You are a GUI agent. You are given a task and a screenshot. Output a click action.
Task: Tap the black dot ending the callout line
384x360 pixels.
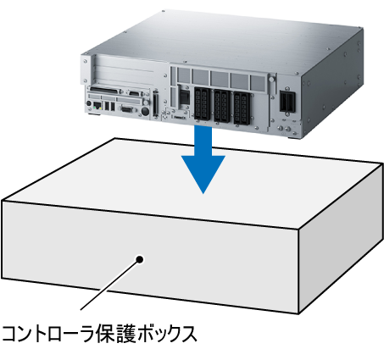[139, 259]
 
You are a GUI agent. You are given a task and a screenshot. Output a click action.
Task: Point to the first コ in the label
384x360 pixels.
[11, 334]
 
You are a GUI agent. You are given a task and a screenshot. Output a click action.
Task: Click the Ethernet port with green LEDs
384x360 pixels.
[97, 106]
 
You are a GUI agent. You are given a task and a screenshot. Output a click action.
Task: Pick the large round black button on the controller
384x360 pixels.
[145, 110]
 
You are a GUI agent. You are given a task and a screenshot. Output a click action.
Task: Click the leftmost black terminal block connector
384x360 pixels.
[202, 103]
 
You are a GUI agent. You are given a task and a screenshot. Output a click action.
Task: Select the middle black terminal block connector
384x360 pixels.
[221, 106]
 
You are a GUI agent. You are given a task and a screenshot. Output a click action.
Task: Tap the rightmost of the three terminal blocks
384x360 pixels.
[242, 108]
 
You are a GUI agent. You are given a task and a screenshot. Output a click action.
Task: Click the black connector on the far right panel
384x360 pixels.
[287, 102]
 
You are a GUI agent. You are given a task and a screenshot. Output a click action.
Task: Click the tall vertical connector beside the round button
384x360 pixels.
[156, 103]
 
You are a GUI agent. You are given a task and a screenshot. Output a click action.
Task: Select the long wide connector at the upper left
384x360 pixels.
[103, 91]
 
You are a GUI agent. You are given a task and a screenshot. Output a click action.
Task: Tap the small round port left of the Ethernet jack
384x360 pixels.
[89, 103]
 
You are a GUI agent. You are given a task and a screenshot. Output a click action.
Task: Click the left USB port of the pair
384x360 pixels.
[107, 106]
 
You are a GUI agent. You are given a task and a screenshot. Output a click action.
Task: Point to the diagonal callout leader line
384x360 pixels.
[109, 284]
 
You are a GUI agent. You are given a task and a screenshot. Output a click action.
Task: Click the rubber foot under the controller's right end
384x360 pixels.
[292, 137]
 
